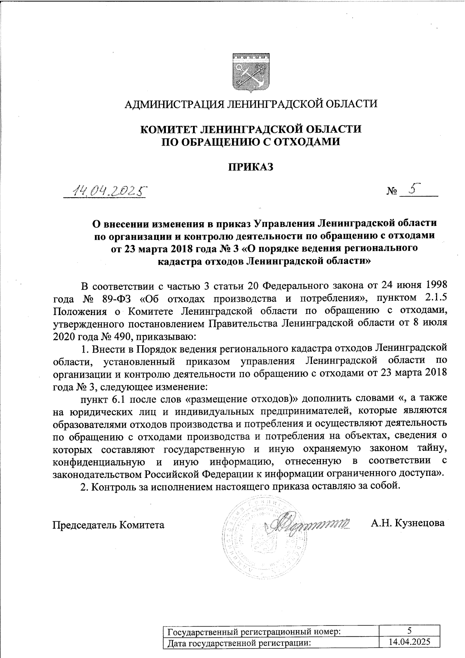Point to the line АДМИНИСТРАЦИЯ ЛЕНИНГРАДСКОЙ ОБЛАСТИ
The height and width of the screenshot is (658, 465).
(250, 103)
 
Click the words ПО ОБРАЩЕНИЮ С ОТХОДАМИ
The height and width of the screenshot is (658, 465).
(250, 142)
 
